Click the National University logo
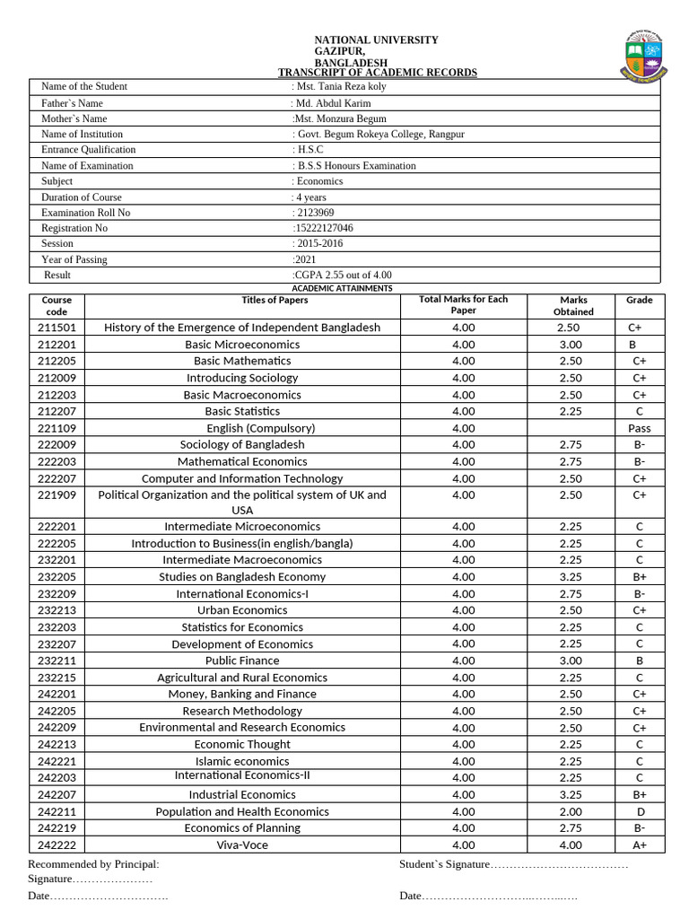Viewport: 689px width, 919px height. [647, 57]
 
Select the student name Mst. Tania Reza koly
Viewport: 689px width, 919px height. [342, 86]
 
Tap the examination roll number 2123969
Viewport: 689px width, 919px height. [315, 213]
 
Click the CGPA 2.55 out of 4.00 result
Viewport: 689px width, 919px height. [343, 275]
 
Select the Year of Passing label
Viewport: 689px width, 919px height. [74, 259]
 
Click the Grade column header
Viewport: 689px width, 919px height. [639, 300]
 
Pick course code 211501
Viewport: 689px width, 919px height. [57, 328]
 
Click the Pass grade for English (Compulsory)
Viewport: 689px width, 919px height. [639, 428]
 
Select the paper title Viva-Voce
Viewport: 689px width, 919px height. [242, 845]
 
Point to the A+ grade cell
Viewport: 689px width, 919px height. [639, 845]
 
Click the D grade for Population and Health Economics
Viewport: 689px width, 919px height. [639, 811]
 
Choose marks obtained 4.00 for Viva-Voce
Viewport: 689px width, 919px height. [570, 845]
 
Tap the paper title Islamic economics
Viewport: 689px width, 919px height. [242, 761]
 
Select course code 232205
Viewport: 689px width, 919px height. [57, 577]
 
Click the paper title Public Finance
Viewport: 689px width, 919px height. [242, 661]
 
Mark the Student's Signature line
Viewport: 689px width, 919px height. [513, 864]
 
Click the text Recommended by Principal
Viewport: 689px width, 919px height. [93, 864]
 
